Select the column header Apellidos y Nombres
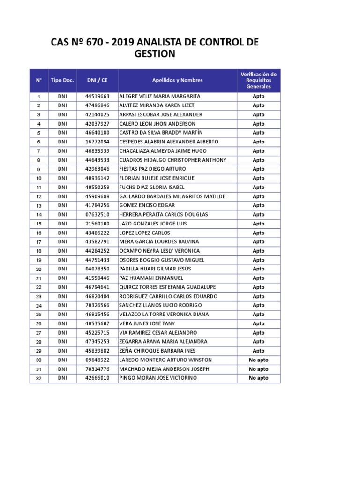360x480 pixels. click(177, 80)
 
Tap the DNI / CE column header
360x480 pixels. click(97, 80)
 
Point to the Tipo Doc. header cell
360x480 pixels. click(62, 80)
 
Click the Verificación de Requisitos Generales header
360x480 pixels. click(258, 80)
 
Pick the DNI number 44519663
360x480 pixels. click(97, 96)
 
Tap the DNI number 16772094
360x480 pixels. click(97, 142)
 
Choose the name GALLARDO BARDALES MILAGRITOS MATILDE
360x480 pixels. click(172, 196)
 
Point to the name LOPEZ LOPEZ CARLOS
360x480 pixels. click(145, 233)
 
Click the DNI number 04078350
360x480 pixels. click(97, 269)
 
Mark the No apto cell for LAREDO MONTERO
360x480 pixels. click(258, 360)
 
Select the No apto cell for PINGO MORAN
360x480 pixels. click(258, 378)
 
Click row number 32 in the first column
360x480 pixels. click(39, 378)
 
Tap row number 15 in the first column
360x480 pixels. click(39, 224)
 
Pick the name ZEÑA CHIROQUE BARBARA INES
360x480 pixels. click(157, 351)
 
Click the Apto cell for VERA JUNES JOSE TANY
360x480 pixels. click(258, 323)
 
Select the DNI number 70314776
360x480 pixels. click(97, 369)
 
